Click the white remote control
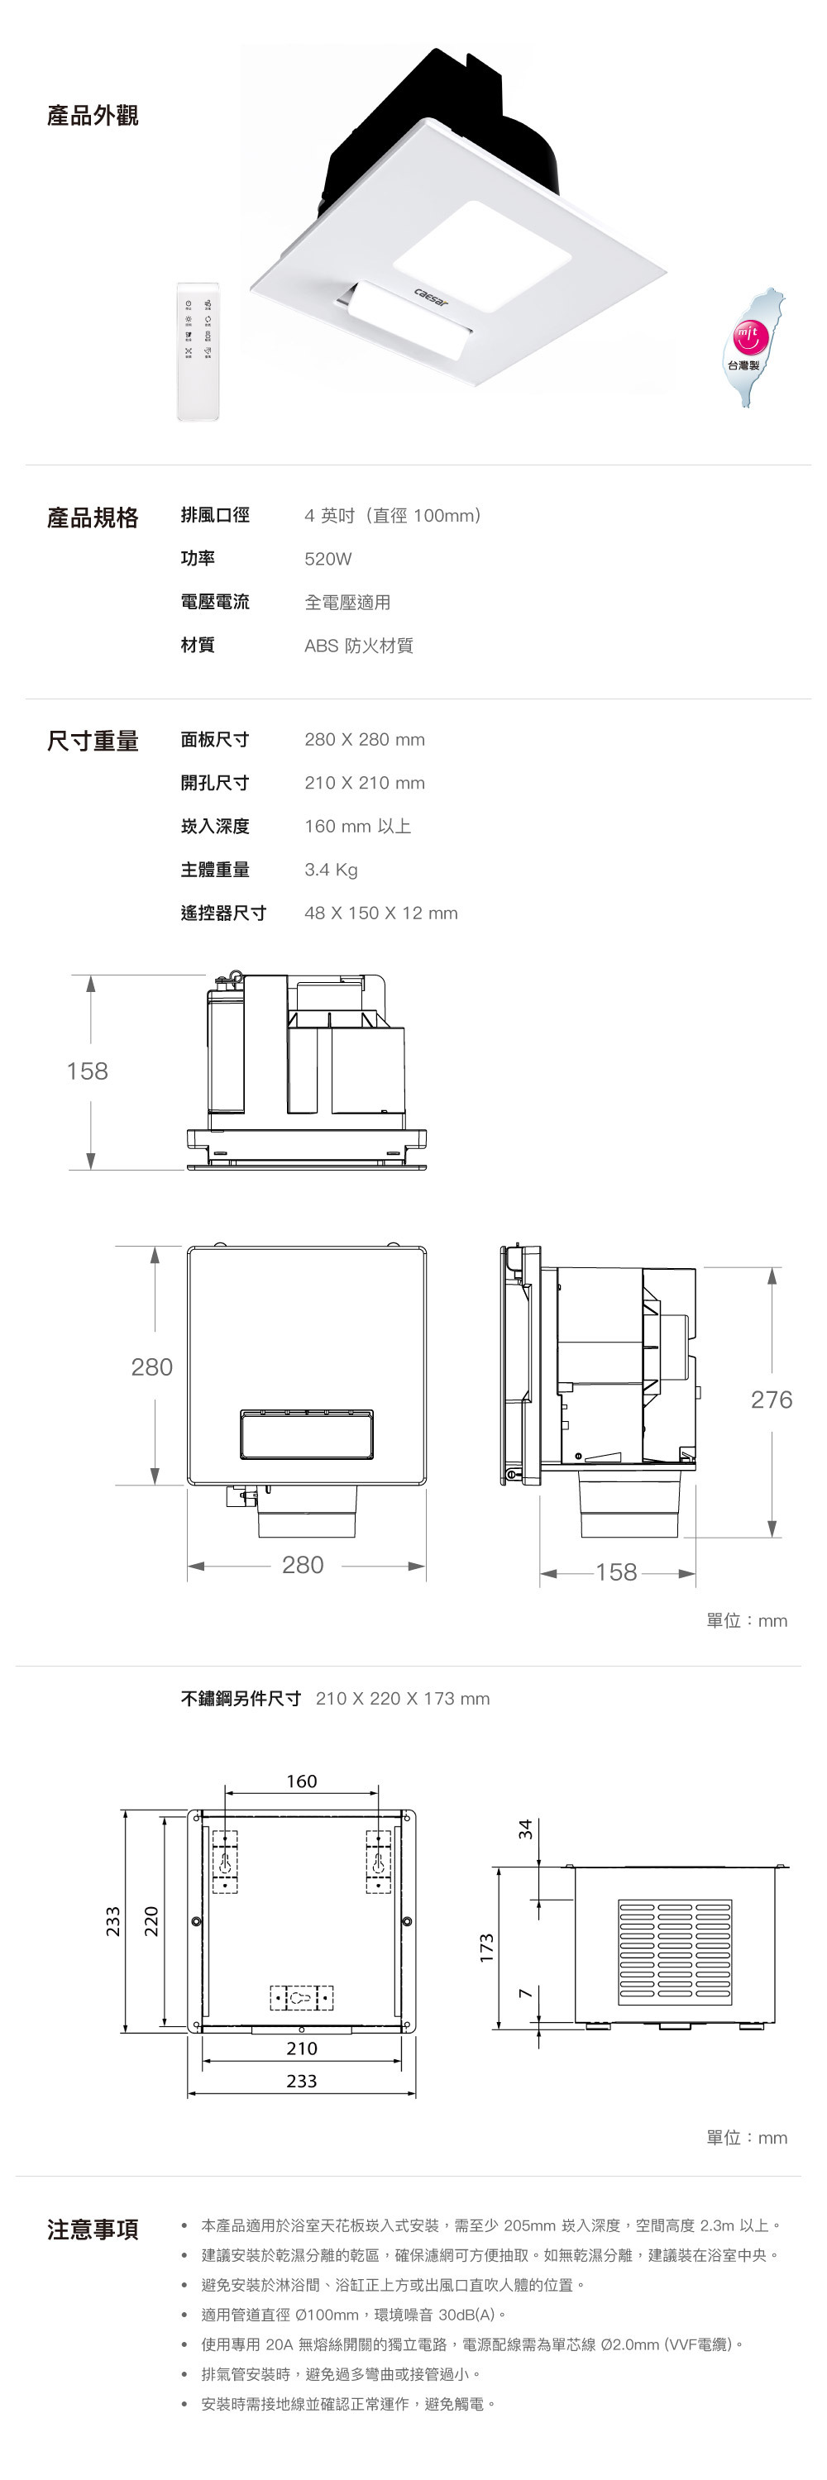click(x=198, y=351)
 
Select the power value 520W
click(x=328, y=560)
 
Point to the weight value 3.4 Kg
click(x=331, y=870)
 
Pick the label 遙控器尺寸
click(x=223, y=913)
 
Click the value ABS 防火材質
click(x=359, y=645)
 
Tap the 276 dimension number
click(x=772, y=1400)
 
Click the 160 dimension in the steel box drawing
click(x=301, y=1781)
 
